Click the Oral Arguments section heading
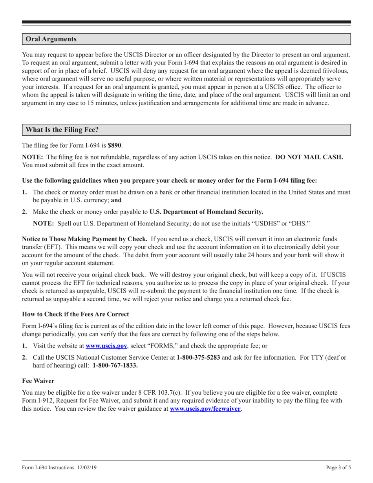(x=51, y=39)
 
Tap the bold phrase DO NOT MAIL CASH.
(x=309, y=157)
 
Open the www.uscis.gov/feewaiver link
(x=205, y=409)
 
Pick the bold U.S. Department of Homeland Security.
(x=207, y=212)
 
